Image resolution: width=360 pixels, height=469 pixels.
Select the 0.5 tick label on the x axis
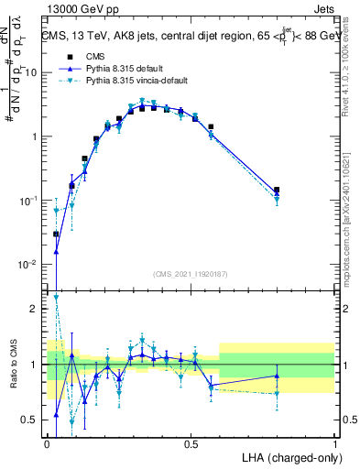(191, 443)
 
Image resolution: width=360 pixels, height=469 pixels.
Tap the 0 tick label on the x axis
(47, 443)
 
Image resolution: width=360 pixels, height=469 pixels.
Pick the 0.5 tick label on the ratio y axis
(33, 420)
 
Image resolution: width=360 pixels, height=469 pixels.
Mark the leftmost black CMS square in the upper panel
(56, 234)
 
